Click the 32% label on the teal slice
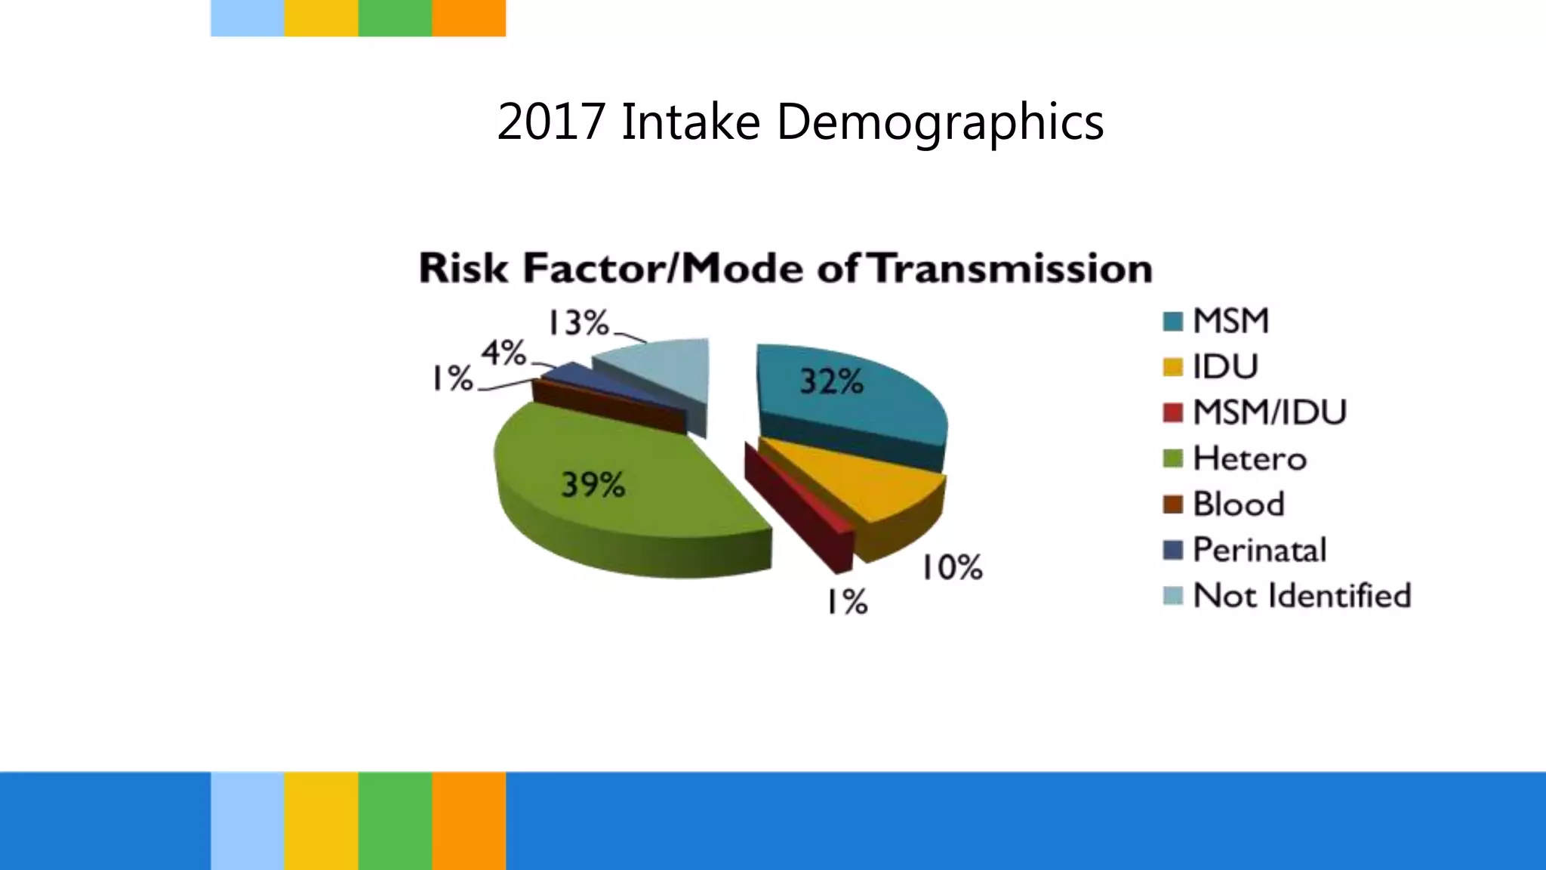point(831,381)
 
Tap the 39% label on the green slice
point(593,484)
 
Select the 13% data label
point(578,322)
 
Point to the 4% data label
point(504,353)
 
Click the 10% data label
point(951,566)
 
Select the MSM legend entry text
point(1230,321)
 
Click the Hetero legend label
point(1249,458)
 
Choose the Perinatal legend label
point(1259,550)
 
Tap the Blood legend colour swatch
point(1172,504)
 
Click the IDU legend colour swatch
point(1172,367)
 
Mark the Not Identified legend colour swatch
point(1172,596)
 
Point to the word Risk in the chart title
point(463,269)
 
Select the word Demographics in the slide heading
point(940,122)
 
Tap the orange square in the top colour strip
point(469,17)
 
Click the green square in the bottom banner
point(395,820)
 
